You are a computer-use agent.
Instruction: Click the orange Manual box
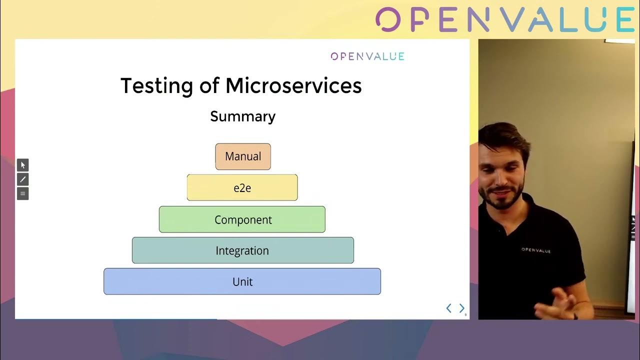tap(243, 156)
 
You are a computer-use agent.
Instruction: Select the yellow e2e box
tap(242, 187)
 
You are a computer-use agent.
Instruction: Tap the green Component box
tap(242, 219)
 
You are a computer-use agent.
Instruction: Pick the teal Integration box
tap(243, 250)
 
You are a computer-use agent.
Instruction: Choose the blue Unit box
tap(242, 281)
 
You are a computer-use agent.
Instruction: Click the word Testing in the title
tap(157, 85)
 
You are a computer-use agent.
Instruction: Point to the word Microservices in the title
tap(293, 85)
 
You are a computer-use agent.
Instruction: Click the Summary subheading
tap(243, 116)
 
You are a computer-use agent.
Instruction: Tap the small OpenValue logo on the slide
tap(367, 56)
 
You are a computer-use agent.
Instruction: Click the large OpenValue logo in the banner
tap(505, 19)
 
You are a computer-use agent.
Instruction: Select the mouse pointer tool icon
tap(23, 165)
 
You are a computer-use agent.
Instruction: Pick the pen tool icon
tap(23, 179)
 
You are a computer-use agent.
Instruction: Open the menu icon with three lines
tap(23, 193)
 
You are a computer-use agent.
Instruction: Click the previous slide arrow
tap(449, 308)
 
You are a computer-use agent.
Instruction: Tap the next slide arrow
tap(461, 308)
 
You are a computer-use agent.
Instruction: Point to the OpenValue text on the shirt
tap(536, 250)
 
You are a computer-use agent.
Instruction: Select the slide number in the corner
tap(465, 315)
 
